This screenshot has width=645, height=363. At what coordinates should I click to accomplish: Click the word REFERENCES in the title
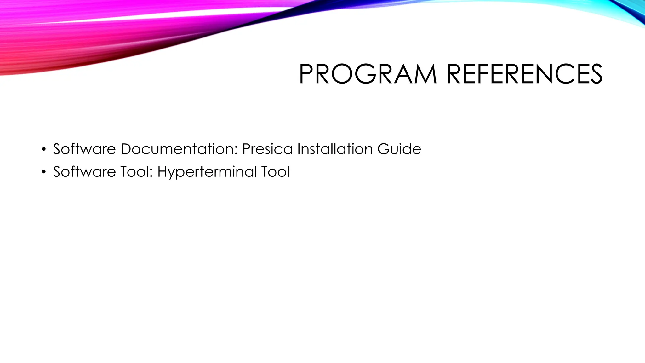(524, 74)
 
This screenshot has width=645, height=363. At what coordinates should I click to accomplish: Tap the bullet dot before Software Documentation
(44, 149)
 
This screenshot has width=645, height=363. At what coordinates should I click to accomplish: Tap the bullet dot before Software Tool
(44, 172)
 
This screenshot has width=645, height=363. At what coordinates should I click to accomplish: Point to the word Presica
(267, 149)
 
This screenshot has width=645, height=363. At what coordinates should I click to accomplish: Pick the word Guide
(399, 149)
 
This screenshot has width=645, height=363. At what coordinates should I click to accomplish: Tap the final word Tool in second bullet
(275, 172)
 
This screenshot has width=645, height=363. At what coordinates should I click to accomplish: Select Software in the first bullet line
(84, 149)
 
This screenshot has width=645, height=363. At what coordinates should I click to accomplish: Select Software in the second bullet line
(84, 172)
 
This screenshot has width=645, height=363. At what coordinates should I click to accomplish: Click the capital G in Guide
(383, 149)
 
